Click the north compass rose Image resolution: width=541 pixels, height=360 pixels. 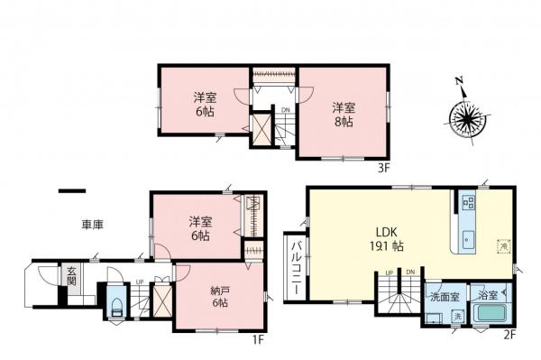point(466,117)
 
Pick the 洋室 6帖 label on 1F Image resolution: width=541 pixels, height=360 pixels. point(200,227)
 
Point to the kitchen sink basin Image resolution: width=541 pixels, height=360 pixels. point(467,239)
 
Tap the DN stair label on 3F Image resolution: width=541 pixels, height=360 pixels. point(285,111)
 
